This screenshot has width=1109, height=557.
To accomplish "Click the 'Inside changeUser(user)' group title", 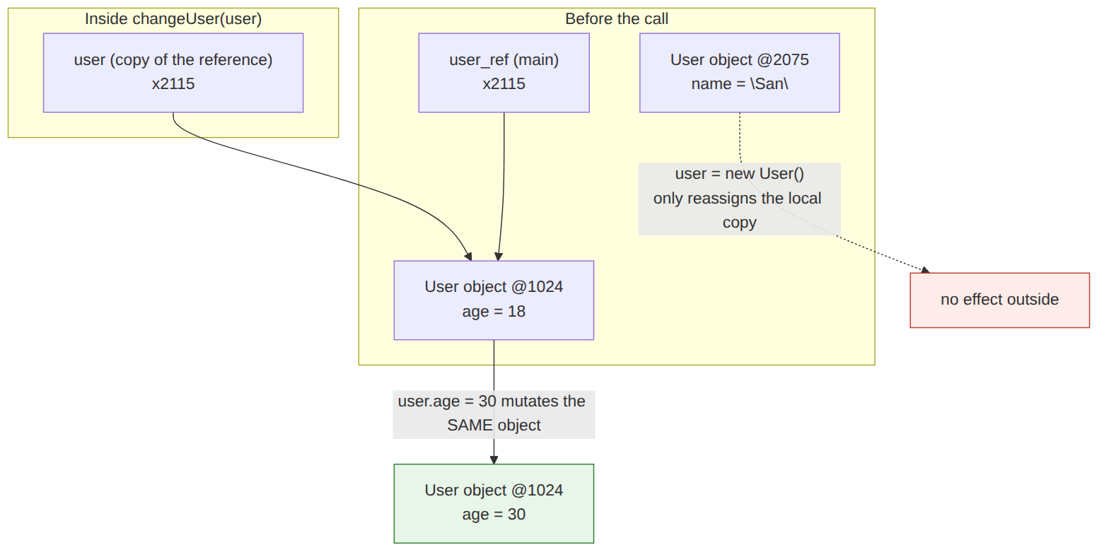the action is pyautogui.click(x=173, y=19).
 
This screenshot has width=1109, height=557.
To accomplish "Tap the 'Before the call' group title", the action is pyautogui.click(x=617, y=19).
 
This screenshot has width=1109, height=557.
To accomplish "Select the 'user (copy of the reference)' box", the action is pyautogui.click(x=173, y=73).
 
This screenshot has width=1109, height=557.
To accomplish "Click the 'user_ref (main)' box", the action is pyautogui.click(x=504, y=73).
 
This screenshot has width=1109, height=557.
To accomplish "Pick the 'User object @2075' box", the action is pyautogui.click(x=740, y=73).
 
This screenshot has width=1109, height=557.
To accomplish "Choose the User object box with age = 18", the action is pyautogui.click(x=494, y=300).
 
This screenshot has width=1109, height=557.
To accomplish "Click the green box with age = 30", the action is pyautogui.click(x=494, y=503).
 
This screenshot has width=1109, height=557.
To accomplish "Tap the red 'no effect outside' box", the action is pyautogui.click(x=999, y=300).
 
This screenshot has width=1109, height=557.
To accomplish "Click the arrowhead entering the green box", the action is pyautogui.click(x=494, y=460).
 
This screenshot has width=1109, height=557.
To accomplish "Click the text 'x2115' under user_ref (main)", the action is pyautogui.click(x=504, y=84).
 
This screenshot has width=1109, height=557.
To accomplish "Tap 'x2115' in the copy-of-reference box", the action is pyautogui.click(x=173, y=84).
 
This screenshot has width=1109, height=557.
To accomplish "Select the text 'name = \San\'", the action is pyautogui.click(x=740, y=84).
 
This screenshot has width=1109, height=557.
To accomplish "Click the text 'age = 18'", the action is pyautogui.click(x=494, y=312).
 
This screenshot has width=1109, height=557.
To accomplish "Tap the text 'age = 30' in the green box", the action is pyautogui.click(x=494, y=515).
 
